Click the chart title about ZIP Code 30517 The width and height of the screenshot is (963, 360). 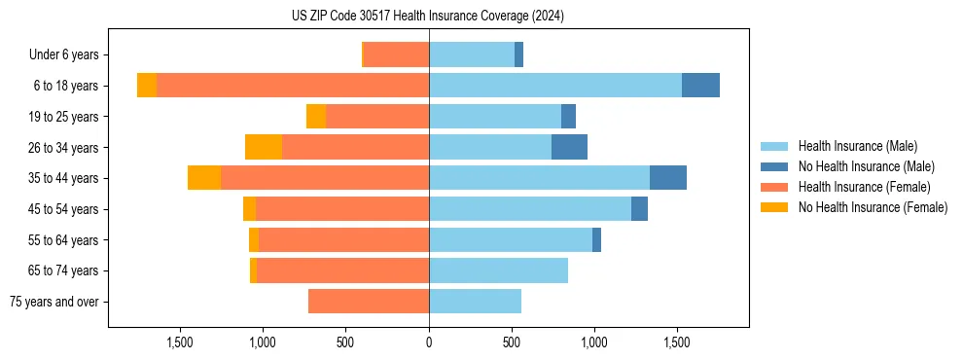point(428,17)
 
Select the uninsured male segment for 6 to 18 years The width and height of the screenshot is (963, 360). point(700,86)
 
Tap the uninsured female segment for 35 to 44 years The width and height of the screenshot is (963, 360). point(204,178)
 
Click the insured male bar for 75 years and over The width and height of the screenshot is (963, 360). point(475,302)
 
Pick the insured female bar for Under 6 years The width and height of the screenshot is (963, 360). point(397,54)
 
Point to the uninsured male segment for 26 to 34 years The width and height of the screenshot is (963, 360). point(569,147)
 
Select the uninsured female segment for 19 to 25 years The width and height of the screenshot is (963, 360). point(316,117)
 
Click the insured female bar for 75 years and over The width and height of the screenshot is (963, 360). point(369,302)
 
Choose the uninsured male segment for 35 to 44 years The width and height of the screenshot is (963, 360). point(668,178)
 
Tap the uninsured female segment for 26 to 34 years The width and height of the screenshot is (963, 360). point(264,147)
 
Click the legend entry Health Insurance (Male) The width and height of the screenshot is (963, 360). point(857,146)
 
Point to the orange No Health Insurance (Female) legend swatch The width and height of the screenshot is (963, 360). point(775,207)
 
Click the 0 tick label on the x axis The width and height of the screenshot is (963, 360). point(429,342)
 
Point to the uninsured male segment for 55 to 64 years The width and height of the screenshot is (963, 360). point(596,239)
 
